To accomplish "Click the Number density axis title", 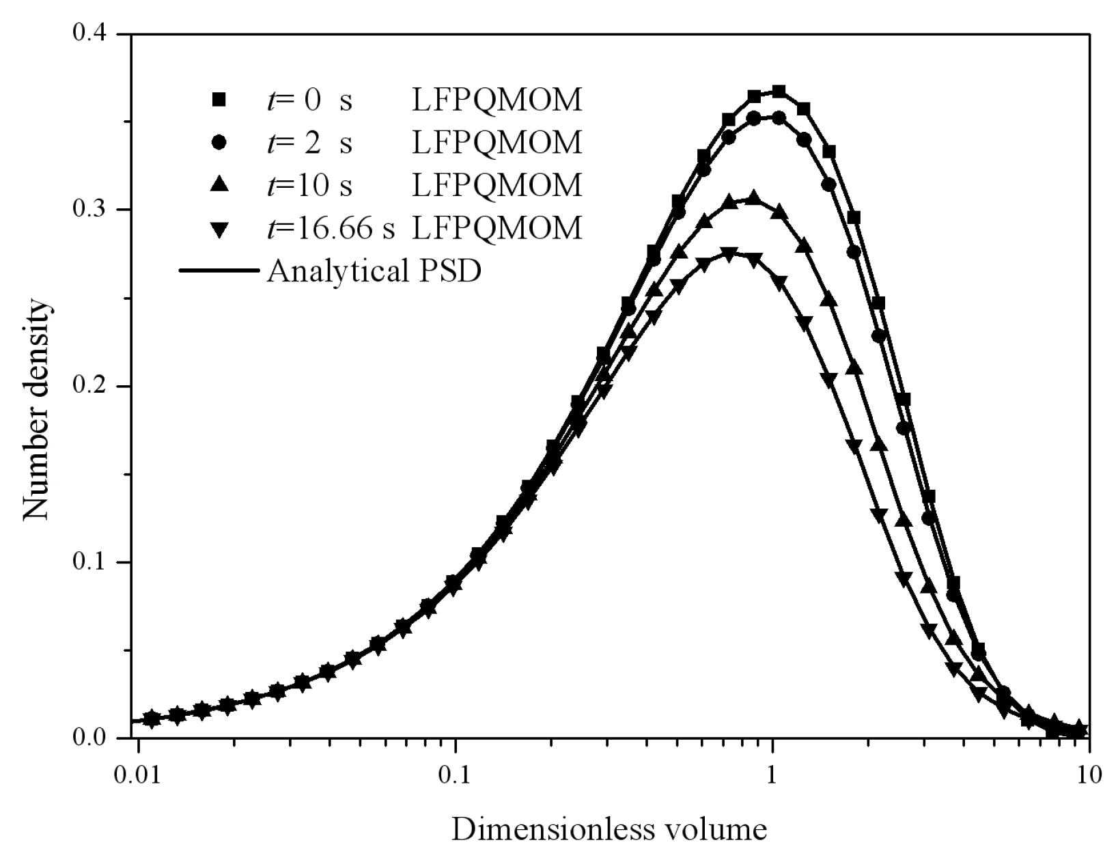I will pyautogui.click(x=36, y=411).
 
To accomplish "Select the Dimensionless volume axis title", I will pyautogui.click(x=609, y=829).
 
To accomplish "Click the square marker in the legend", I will pyautogui.click(x=219, y=100).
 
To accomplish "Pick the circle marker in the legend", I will pyautogui.click(x=219, y=142).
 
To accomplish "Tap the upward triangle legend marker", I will pyautogui.click(x=219, y=184).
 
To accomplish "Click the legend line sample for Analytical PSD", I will pyautogui.click(x=219, y=271).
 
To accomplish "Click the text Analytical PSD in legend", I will pyautogui.click(x=374, y=271).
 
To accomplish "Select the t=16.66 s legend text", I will pyautogui.click(x=331, y=227).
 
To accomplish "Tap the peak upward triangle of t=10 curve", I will pyautogui.click(x=753, y=199).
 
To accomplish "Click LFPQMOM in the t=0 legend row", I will pyautogui.click(x=497, y=100).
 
